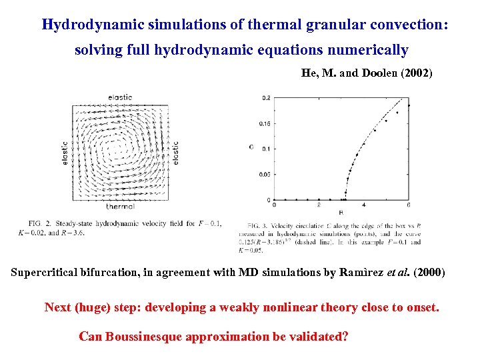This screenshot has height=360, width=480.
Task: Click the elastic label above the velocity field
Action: click(x=120, y=97)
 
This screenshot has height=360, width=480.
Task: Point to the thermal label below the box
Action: click(x=120, y=207)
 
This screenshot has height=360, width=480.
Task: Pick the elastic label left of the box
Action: click(x=65, y=153)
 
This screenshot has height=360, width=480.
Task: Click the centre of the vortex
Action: click(x=121, y=147)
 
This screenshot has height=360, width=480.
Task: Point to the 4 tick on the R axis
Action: click(x=363, y=205)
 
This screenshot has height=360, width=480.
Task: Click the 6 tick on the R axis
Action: click(x=407, y=205)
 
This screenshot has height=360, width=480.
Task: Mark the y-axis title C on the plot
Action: click(x=251, y=147)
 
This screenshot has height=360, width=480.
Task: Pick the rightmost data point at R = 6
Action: click(x=408, y=105)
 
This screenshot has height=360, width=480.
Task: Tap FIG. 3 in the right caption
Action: click(x=258, y=227)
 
